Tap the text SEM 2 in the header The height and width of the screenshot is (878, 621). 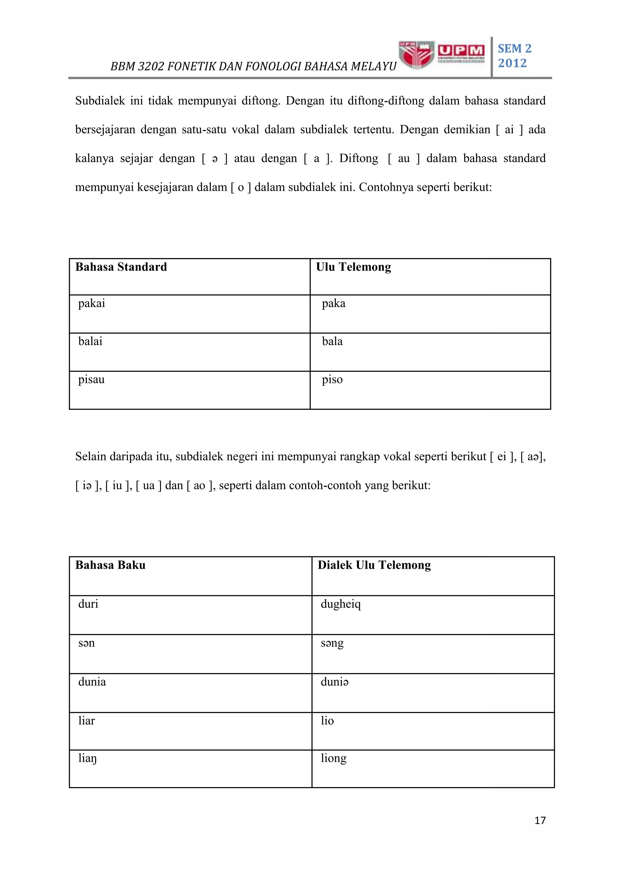[x=514, y=49]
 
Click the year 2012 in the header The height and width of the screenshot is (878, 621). [x=512, y=63]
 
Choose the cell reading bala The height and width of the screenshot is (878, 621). [x=332, y=341]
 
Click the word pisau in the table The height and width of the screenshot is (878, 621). [x=91, y=379]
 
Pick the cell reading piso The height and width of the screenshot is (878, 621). [x=332, y=379]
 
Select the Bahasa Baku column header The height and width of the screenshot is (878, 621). [x=110, y=565]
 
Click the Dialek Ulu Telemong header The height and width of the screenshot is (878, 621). [x=374, y=565]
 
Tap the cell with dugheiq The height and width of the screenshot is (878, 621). [x=340, y=604]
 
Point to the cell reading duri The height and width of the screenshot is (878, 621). [x=88, y=604]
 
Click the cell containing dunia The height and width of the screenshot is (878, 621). [x=92, y=682]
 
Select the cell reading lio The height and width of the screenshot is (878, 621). [x=327, y=721]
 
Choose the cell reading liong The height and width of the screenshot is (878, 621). [x=334, y=758]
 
